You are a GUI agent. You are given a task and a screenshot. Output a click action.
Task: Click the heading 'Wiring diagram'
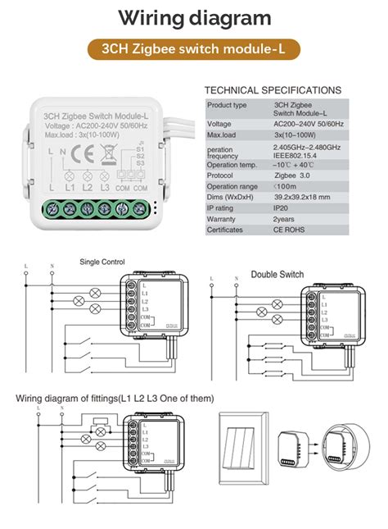tap(194, 18)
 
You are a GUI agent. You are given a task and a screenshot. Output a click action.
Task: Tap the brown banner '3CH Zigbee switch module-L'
tap(194, 50)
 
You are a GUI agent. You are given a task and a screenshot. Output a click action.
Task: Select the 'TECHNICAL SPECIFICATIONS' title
tap(272, 89)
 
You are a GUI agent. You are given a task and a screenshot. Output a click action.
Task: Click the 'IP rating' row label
tap(223, 208)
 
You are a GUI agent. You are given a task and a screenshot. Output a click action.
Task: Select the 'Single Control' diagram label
tap(102, 262)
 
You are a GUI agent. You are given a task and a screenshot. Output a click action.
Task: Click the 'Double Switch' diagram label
tap(277, 274)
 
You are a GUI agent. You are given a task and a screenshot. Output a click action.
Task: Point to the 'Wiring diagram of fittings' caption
tap(115, 399)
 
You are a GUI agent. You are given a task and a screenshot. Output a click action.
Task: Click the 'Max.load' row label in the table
tap(222, 134)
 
